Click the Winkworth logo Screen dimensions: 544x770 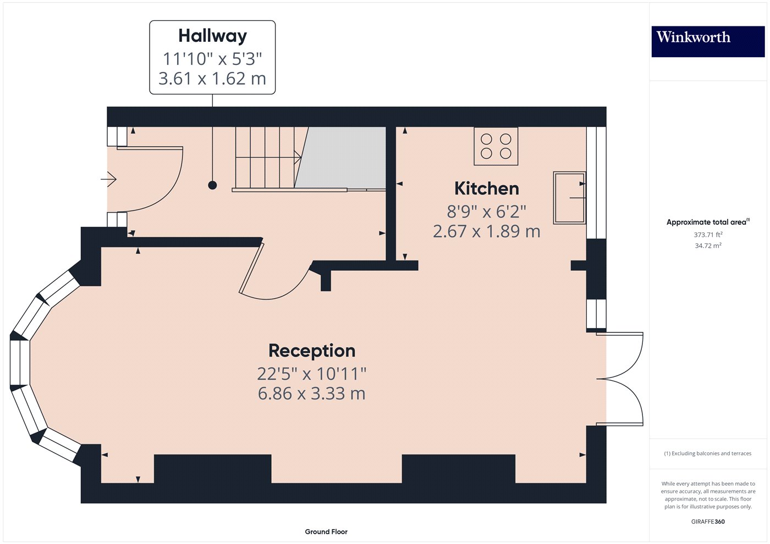coord(708,41)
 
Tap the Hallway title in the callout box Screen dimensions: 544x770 coord(212,36)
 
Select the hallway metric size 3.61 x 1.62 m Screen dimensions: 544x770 coord(212,79)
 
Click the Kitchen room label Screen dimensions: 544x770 coord(486,188)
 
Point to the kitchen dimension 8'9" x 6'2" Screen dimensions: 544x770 coord(486,211)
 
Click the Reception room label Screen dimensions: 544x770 coord(312,351)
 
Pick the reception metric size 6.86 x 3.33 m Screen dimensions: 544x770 coord(312,393)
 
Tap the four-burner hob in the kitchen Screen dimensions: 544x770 coord(496,146)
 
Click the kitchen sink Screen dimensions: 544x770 coord(569,198)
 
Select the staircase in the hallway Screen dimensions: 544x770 coord(267,158)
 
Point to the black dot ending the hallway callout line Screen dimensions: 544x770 coord(212,186)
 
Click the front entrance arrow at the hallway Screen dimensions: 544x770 coord(109,179)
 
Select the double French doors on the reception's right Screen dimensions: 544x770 coord(621,379)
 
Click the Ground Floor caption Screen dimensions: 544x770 coord(326,531)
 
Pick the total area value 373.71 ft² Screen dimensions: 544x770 coord(708,235)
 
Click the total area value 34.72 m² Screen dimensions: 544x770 coord(708,246)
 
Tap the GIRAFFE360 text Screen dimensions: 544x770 coord(708,521)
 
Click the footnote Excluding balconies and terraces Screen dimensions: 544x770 coord(708,453)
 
